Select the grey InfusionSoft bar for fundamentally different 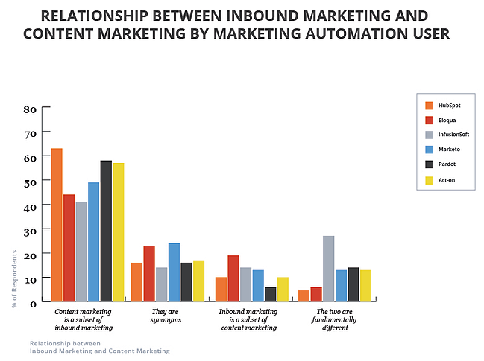(328, 268)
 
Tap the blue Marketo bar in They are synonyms (174, 272)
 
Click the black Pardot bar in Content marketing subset (106, 231)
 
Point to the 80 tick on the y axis (31, 109)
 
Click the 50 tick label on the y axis (31, 182)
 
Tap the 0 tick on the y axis (34, 303)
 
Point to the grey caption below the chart (100, 346)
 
